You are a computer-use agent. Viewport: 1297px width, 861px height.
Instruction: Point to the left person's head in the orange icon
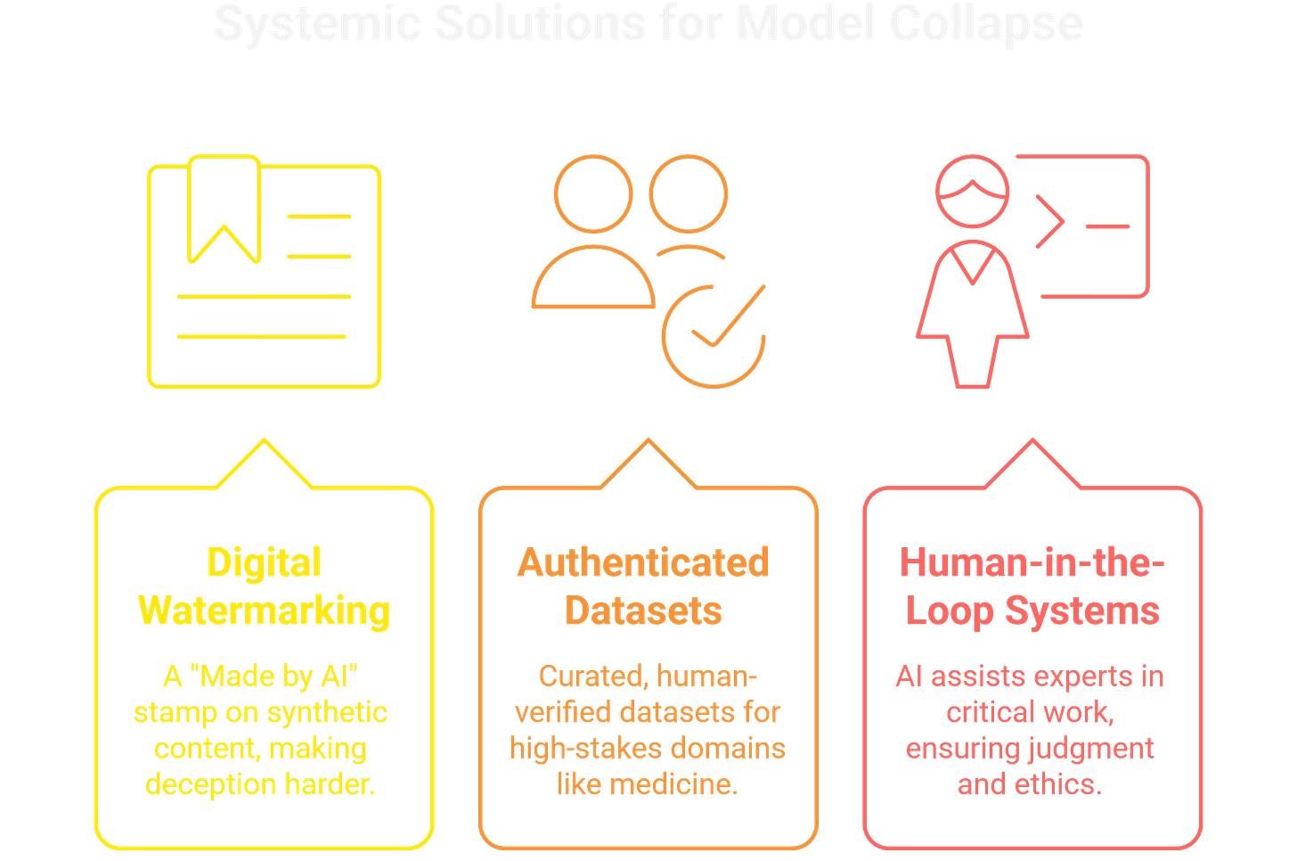coord(593,194)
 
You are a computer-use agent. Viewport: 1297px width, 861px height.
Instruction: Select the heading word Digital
coord(264,563)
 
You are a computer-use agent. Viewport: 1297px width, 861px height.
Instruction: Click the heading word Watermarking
coord(264,611)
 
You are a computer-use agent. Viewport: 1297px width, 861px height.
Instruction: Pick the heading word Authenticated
coord(643,563)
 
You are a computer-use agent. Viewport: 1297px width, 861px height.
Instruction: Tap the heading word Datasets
coord(643,611)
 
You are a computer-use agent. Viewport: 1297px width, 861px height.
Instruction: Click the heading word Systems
coord(1082,611)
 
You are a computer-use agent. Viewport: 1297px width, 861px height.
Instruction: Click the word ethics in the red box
coord(1059,784)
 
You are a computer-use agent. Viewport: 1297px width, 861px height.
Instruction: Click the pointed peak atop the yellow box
coord(264,441)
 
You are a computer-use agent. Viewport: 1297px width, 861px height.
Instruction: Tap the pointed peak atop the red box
coord(1032,441)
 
